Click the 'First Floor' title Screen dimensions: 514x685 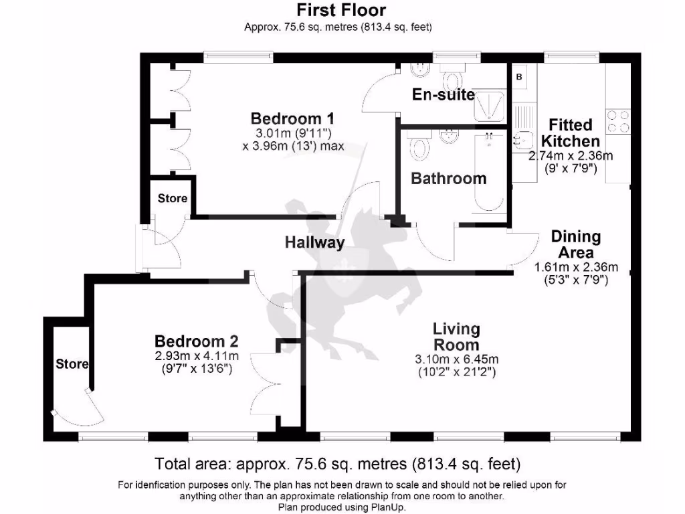[x=341, y=10]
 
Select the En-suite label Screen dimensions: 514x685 [x=443, y=95]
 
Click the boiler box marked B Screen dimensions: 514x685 [x=519, y=77]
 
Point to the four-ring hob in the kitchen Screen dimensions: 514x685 [x=617, y=121]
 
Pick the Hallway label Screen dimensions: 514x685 [x=314, y=242]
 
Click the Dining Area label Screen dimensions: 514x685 [x=575, y=244]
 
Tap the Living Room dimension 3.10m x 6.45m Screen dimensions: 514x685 [x=456, y=359]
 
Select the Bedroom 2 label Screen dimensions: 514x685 [x=196, y=340]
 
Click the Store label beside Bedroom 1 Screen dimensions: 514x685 [x=173, y=199]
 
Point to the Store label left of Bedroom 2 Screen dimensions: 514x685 [x=72, y=364]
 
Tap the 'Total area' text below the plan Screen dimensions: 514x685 [x=338, y=463]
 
